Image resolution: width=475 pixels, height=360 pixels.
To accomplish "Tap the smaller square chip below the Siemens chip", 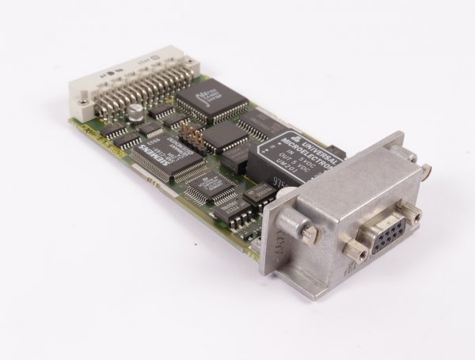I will pyautogui.click(x=208, y=186).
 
